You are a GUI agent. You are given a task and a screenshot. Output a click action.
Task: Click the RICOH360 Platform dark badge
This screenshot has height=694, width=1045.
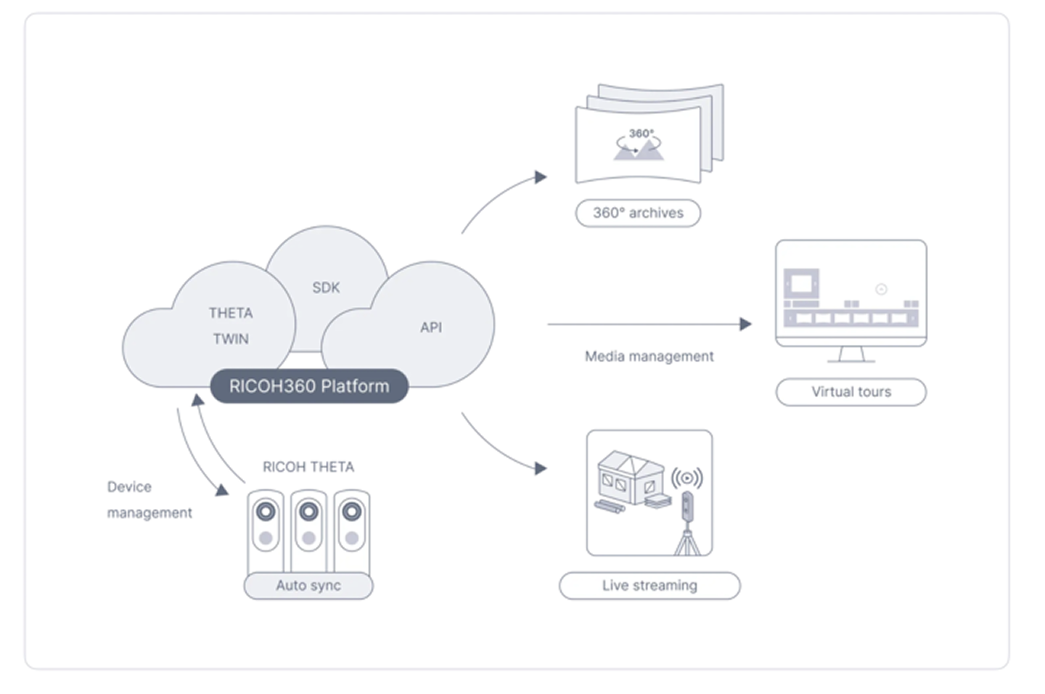point(309,386)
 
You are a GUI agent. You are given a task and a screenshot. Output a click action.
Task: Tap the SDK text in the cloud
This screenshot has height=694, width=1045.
point(326,287)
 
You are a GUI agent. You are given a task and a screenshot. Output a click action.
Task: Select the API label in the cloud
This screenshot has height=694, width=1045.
point(431,327)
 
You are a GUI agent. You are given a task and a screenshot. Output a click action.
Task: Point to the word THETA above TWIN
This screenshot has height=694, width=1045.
point(231,313)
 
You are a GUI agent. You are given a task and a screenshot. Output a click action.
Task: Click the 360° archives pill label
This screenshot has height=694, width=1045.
point(638,213)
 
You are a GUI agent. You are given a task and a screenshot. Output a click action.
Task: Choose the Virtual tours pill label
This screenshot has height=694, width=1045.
point(851,392)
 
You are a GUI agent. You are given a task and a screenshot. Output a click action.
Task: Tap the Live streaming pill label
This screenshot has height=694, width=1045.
point(650,586)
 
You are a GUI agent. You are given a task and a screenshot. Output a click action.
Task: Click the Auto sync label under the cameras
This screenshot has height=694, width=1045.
point(308,586)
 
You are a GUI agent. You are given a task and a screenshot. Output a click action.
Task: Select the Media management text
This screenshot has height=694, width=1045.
point(649,356)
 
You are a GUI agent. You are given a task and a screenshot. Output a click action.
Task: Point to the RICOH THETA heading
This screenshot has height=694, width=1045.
point(308,467)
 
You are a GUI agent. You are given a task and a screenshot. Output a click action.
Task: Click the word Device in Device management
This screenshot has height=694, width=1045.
point(129,487)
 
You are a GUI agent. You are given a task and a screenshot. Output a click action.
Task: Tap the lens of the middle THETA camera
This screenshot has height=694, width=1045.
point(309,512)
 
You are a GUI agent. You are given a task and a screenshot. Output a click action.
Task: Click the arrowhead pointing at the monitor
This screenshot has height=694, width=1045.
point(745,324)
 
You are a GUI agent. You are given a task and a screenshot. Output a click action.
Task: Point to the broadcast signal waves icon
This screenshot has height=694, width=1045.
point(687,478)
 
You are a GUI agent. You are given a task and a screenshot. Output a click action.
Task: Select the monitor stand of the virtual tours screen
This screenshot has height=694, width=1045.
point(851,354)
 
